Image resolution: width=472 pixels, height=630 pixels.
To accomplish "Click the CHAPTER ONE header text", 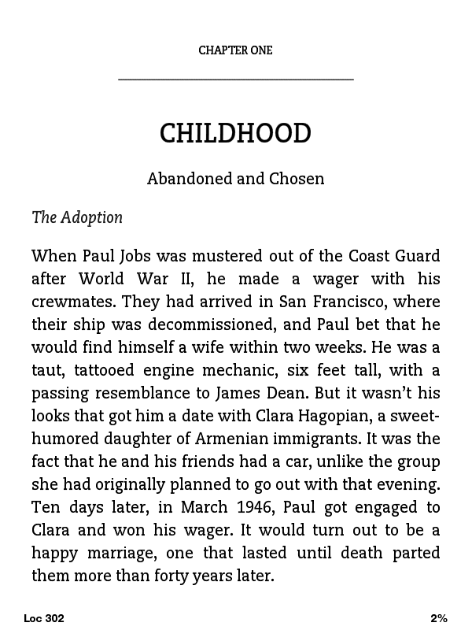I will click(x=235, y=50).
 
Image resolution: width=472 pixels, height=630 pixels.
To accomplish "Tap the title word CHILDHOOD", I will click(x=235, y=133).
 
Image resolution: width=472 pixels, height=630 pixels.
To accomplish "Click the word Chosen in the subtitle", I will click(x=297, y=179).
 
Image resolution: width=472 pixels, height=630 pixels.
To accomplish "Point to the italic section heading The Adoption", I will click(x=77, y=217).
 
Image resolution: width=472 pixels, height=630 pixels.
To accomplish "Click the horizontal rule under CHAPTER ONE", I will click(x=235, y=79).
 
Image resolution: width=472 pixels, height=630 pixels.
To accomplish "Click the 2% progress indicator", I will click(x=438, y=618).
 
